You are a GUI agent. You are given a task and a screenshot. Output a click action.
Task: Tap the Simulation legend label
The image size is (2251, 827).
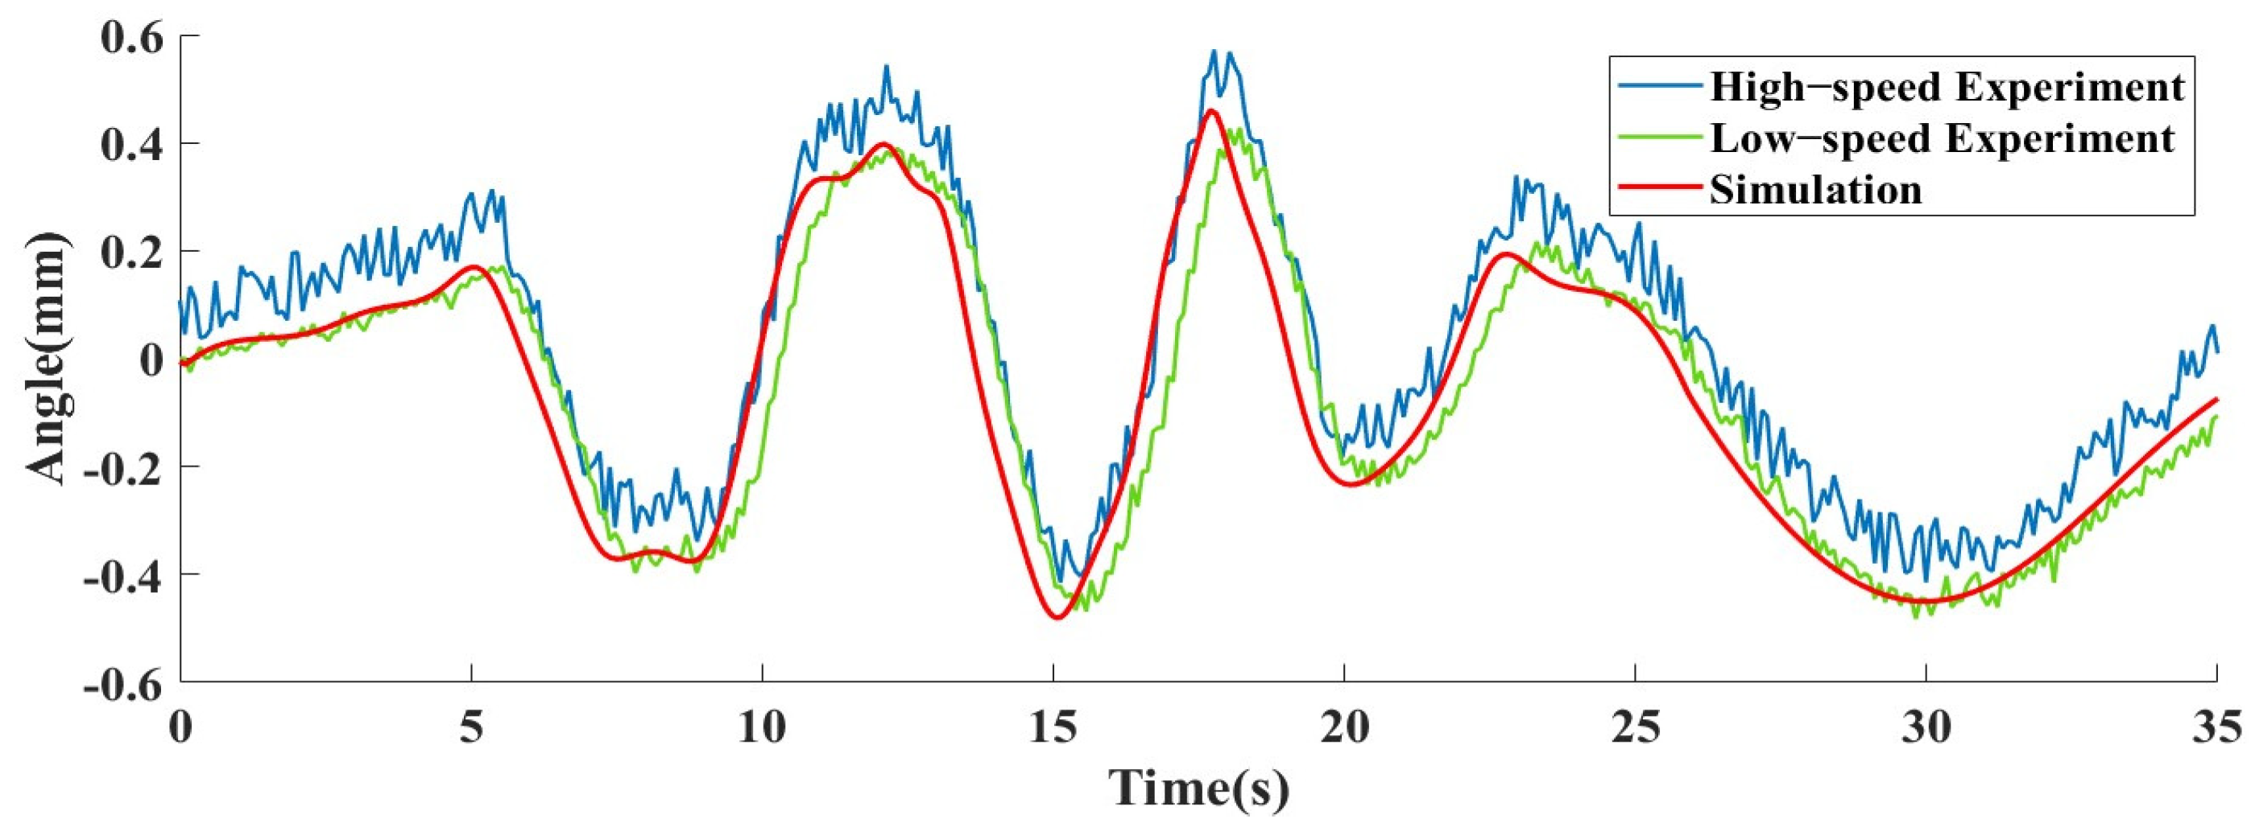pyautogui.click(x=1816, y=190)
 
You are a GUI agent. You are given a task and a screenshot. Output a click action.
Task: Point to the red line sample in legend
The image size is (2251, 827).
pyautogui.click(x=1658, y=191)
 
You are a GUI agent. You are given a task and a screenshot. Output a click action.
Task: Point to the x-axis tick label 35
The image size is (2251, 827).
pyautogui.click(x=2216, y=727)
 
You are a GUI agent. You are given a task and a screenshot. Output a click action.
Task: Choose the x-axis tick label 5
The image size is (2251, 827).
pyautogui.click(x=472, y=727)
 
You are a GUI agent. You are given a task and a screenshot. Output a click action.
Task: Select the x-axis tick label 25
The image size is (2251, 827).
pyautogui.click(x=1635, y=727)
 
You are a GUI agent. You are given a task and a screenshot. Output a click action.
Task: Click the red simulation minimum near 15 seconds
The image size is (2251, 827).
pyautogui.click(x=1058, y=617)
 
